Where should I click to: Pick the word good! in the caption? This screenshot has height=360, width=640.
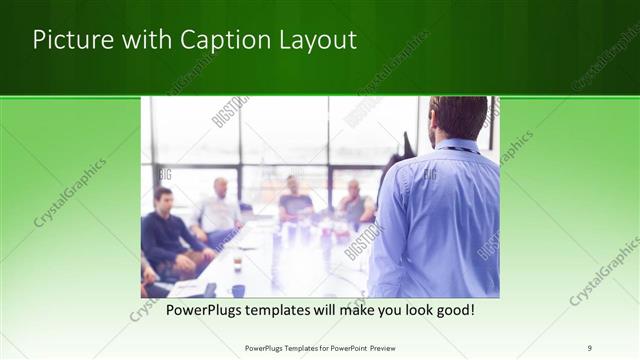[x=452, y=311]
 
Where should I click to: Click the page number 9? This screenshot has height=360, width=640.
[x=589, y=347]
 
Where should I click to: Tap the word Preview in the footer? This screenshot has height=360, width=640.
[x=377, y=347]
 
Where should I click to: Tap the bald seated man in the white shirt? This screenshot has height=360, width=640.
[x=219, y=211]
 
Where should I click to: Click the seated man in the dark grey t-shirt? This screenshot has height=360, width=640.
[x=295, y=201]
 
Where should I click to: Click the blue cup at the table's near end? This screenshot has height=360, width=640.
[x=238, y=290]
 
